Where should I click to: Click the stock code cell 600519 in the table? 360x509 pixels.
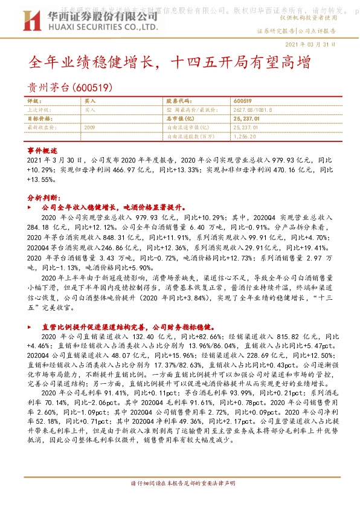click(x=242, y=102)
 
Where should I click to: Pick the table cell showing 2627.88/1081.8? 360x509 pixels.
click(x=253, y=110)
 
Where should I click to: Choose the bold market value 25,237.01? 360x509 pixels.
click(x=246, y=119)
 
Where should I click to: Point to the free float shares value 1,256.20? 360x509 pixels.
click(x=243, y=137)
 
